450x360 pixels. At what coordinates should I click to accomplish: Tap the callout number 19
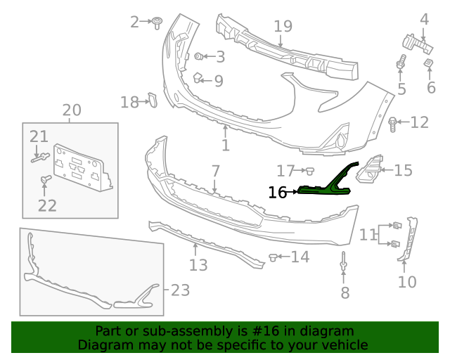283,27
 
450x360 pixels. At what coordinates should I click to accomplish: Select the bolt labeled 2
157,22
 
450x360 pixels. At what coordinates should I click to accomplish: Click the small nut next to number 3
198,56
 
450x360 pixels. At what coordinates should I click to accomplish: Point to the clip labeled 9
197,78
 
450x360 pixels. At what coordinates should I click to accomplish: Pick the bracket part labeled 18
153,100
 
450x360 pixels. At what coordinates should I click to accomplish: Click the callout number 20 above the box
72,110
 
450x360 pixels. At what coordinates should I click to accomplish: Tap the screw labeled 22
46,179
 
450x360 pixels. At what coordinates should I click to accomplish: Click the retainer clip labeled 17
310,172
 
